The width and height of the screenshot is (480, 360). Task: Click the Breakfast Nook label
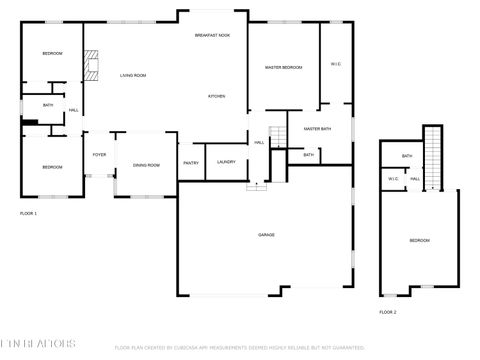(212, 35)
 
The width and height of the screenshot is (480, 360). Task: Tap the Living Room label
(133, 76)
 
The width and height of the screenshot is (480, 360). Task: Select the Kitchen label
(216, 96)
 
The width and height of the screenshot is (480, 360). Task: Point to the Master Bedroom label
(283, 67)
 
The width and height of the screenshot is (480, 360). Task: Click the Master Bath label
(317, 129)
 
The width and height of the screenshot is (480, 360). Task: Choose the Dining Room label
(147, 165)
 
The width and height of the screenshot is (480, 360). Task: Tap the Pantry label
(191, 162)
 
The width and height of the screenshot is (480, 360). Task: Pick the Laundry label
(226, 162)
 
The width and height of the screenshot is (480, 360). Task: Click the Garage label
(266, 235)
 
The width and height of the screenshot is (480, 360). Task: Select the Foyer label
(99, 155)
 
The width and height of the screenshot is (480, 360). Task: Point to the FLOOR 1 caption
(28, 214)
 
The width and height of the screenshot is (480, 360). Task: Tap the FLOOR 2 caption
(387, 313)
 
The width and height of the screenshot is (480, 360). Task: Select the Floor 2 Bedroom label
(419, 241)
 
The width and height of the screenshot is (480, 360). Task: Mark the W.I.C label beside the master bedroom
(336, 65)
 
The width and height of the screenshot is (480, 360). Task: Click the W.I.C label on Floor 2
(394, 179)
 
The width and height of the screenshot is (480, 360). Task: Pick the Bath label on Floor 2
(407, 156)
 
